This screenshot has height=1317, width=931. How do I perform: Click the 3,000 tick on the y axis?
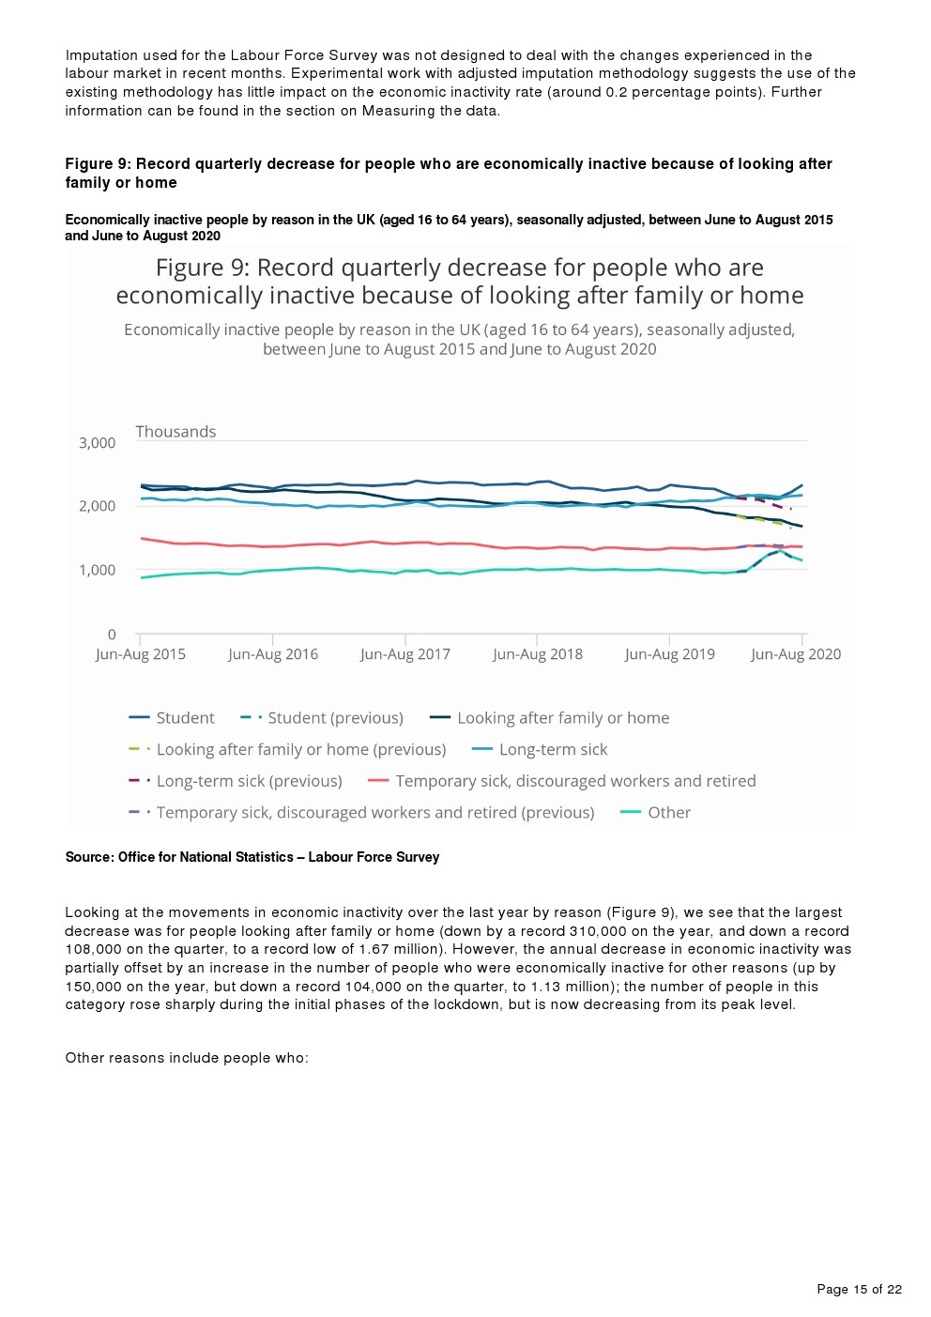tap(97, 443)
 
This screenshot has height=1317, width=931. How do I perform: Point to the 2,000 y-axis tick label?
tap(97, 506)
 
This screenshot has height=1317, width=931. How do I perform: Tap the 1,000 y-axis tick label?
tap(97, 570)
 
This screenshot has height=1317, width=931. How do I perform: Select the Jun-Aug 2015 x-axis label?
tap(141, 654)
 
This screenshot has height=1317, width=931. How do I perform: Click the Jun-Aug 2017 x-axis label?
tap(405, 654)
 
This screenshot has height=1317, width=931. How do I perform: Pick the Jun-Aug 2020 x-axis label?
tap(796, 654)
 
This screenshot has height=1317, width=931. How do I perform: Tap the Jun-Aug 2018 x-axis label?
tap(538, 654)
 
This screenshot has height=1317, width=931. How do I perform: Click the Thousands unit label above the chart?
tap(176, 432)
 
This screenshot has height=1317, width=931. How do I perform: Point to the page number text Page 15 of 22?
tap(859, 1289)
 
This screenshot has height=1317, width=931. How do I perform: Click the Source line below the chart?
tap(252, 857)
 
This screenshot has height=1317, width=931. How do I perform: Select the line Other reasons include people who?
tap(187, 1058)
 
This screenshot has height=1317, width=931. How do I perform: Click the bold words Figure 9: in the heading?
tap(98, 164)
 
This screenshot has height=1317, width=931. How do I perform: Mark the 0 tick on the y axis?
tap(112, 635)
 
